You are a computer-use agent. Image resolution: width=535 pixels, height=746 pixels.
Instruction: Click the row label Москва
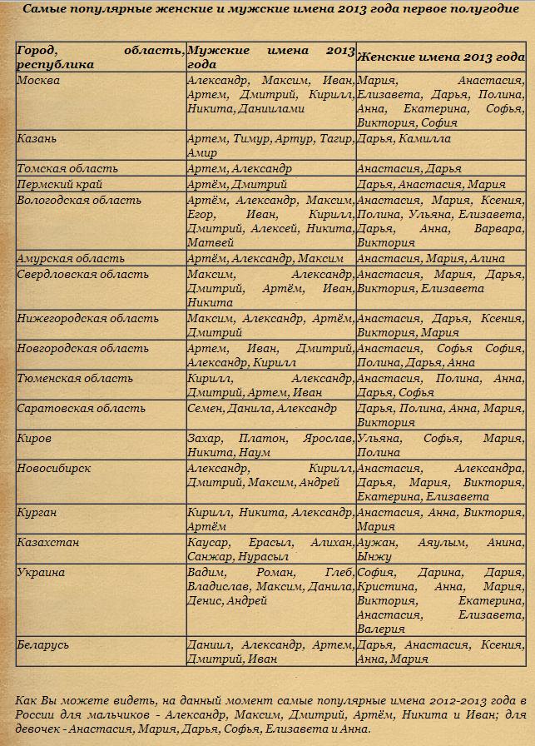(38, 81)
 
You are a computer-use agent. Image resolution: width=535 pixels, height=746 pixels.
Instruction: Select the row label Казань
(37, 138)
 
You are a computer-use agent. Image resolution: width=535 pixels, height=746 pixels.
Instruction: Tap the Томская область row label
(67, 168)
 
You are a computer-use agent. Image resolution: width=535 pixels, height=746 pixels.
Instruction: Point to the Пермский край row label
(61, 184)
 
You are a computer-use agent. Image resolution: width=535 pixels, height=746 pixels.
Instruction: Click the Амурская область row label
(71, 259)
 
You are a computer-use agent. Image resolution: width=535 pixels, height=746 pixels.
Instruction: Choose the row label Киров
(34, 438)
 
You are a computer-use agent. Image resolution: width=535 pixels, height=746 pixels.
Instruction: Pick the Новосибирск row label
(54, 468)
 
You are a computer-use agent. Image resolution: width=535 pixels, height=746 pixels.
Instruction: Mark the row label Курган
(37, 513)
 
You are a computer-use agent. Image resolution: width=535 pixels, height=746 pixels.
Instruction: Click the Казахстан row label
(47, 543)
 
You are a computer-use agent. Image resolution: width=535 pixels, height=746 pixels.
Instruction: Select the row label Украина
(41, 573)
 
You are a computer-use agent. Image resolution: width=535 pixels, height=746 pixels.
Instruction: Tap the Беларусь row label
(43, 644)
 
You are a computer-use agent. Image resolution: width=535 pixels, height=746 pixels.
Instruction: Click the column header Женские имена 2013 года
(441, 57)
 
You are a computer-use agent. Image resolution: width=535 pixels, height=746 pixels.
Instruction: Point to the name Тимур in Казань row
(251, 138)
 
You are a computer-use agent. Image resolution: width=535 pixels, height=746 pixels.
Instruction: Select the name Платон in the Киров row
(261, 438)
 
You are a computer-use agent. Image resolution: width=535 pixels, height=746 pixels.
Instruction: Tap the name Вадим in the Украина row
(206, 573)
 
